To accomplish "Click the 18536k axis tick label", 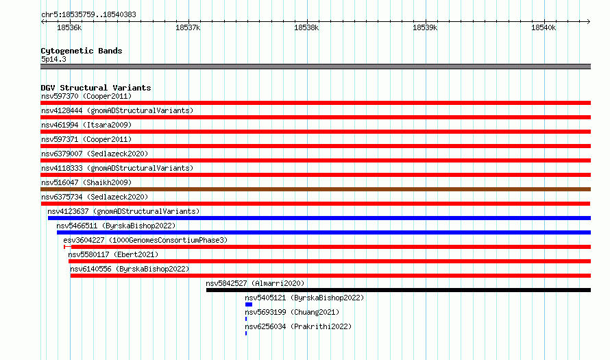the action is click(x=69, y=27).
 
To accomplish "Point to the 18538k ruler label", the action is click(x=306, y=27).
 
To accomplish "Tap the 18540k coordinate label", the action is click(x=544, y=27).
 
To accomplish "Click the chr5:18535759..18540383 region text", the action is click(x=88, y=15).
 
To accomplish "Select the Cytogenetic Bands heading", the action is click(x=82, y=51).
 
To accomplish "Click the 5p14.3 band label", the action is click(x=53, y=59).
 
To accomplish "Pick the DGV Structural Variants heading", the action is click(x=96, y=88).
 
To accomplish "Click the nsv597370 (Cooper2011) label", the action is click(x=86, y=96).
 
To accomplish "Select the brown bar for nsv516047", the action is click(x=315, y=189).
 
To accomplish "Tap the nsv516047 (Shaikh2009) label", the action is click(x=86, y=182).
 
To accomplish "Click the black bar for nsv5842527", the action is click(x=398, y=290).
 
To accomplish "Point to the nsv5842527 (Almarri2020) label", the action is click(x=255, y=283).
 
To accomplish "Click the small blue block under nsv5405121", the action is click(x=249, y=304).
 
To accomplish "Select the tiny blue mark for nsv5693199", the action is click(x=246, y=319).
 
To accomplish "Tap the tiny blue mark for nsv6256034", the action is click(x=246, y=333).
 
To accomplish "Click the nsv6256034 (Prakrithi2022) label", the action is click(x=298, y=326).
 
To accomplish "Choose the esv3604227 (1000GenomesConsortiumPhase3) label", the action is click(x=145, y=240).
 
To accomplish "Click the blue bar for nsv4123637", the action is click(x=319, y=218).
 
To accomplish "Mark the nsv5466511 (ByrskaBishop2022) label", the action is click(x=116, y=226).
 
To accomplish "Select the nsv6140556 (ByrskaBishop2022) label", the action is click(x=130, y=269).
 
